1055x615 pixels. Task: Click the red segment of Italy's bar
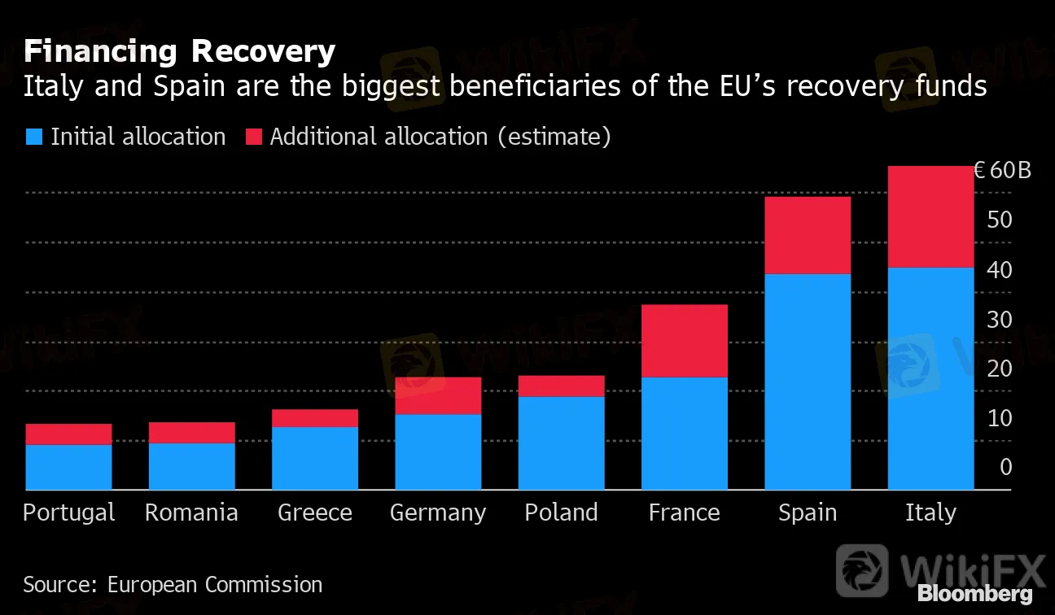pyautogui.click(x=930, y=216)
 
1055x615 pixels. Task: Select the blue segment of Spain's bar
pyautogui.click(x=808, y=382)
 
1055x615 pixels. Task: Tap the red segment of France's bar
pyautogui.click(x=684, y=341)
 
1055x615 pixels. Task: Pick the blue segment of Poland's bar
pyautogui.click(x=562, y=443)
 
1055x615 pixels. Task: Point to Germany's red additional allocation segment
pyautogui.click(x=438, y=395)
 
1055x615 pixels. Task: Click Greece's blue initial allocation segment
pyautogui.click(x=315, y=458)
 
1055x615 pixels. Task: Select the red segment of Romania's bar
pyautogui.click(x=191, y=432)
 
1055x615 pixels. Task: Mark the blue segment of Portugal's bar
pyautogui.click(x=68, y=467)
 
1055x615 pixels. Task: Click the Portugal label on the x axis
pyautogui.click(x=69, y=512)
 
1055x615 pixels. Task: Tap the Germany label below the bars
pyautogui.click(x=438, y=513)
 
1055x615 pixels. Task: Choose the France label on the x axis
pyautogui.click(x=684, y=512)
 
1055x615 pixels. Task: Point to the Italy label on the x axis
pyautogui.click(x=930, y=512)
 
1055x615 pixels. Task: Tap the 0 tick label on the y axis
pyautogui.click(x=1006, y=468)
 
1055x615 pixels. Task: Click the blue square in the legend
pyautogui.click(x=33, y=137)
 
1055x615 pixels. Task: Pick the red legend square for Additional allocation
pyautogui.click(x=253, y=137)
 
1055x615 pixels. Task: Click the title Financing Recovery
pyautogui.click(x=179, y=52)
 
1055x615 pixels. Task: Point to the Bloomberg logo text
pyautogui.click(x=975, y=594)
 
